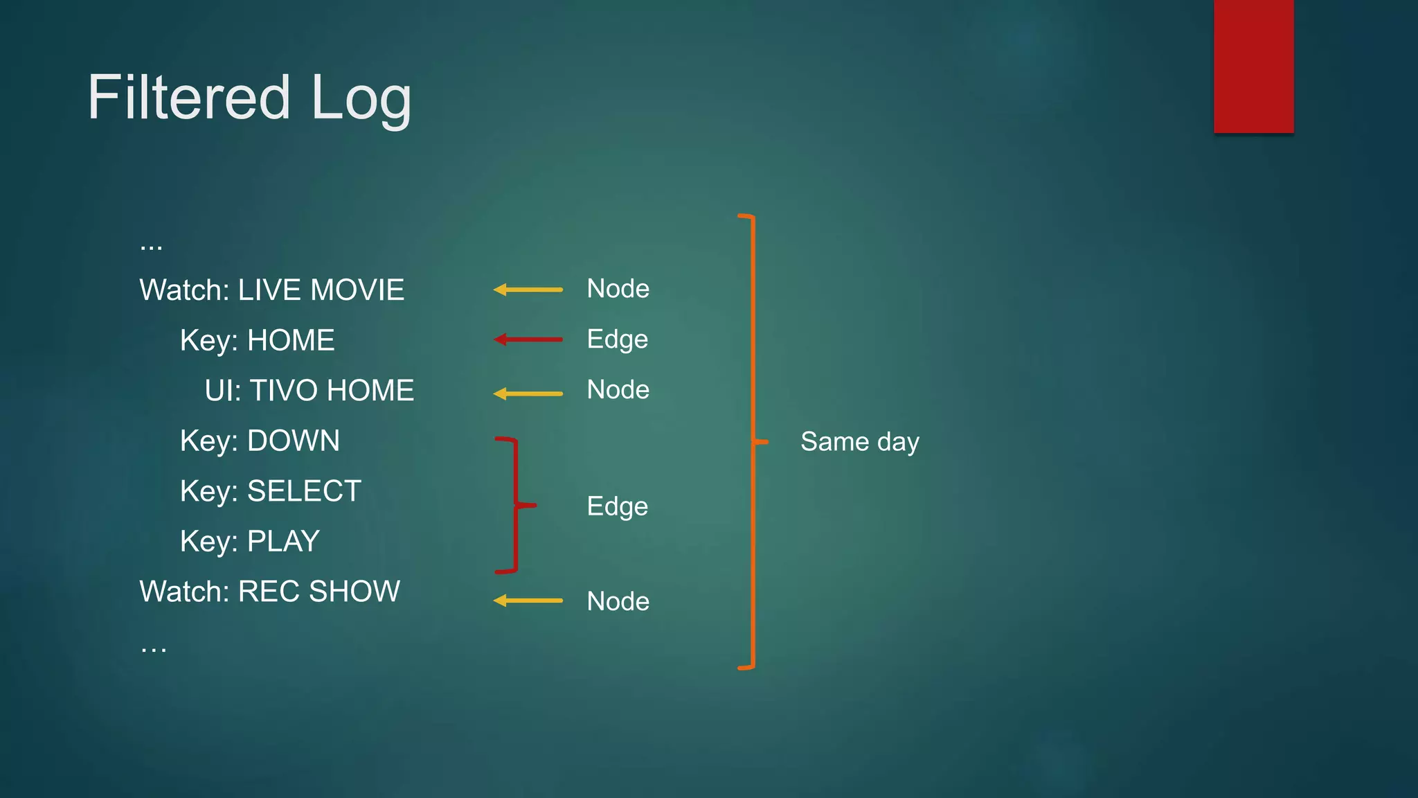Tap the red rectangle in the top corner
pos(1253,66)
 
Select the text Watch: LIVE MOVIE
pos(271,290)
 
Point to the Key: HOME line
pos(257,341)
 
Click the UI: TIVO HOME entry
pos(309,391)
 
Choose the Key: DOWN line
pos(260,441)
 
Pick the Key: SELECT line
pos(270,491)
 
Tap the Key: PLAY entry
pos(249,542)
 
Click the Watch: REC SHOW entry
pos(269,592)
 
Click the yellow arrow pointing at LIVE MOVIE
pos(528,290)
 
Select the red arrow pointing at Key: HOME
pos(528,339)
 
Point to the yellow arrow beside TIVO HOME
pos(528,393)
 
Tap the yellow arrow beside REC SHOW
pos(528,601)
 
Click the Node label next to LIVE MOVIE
pos(618,289)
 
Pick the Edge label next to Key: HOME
pos(617,339)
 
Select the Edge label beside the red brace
pos(617,506)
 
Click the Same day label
pos(859,442)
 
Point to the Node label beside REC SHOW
pos(618,601)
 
